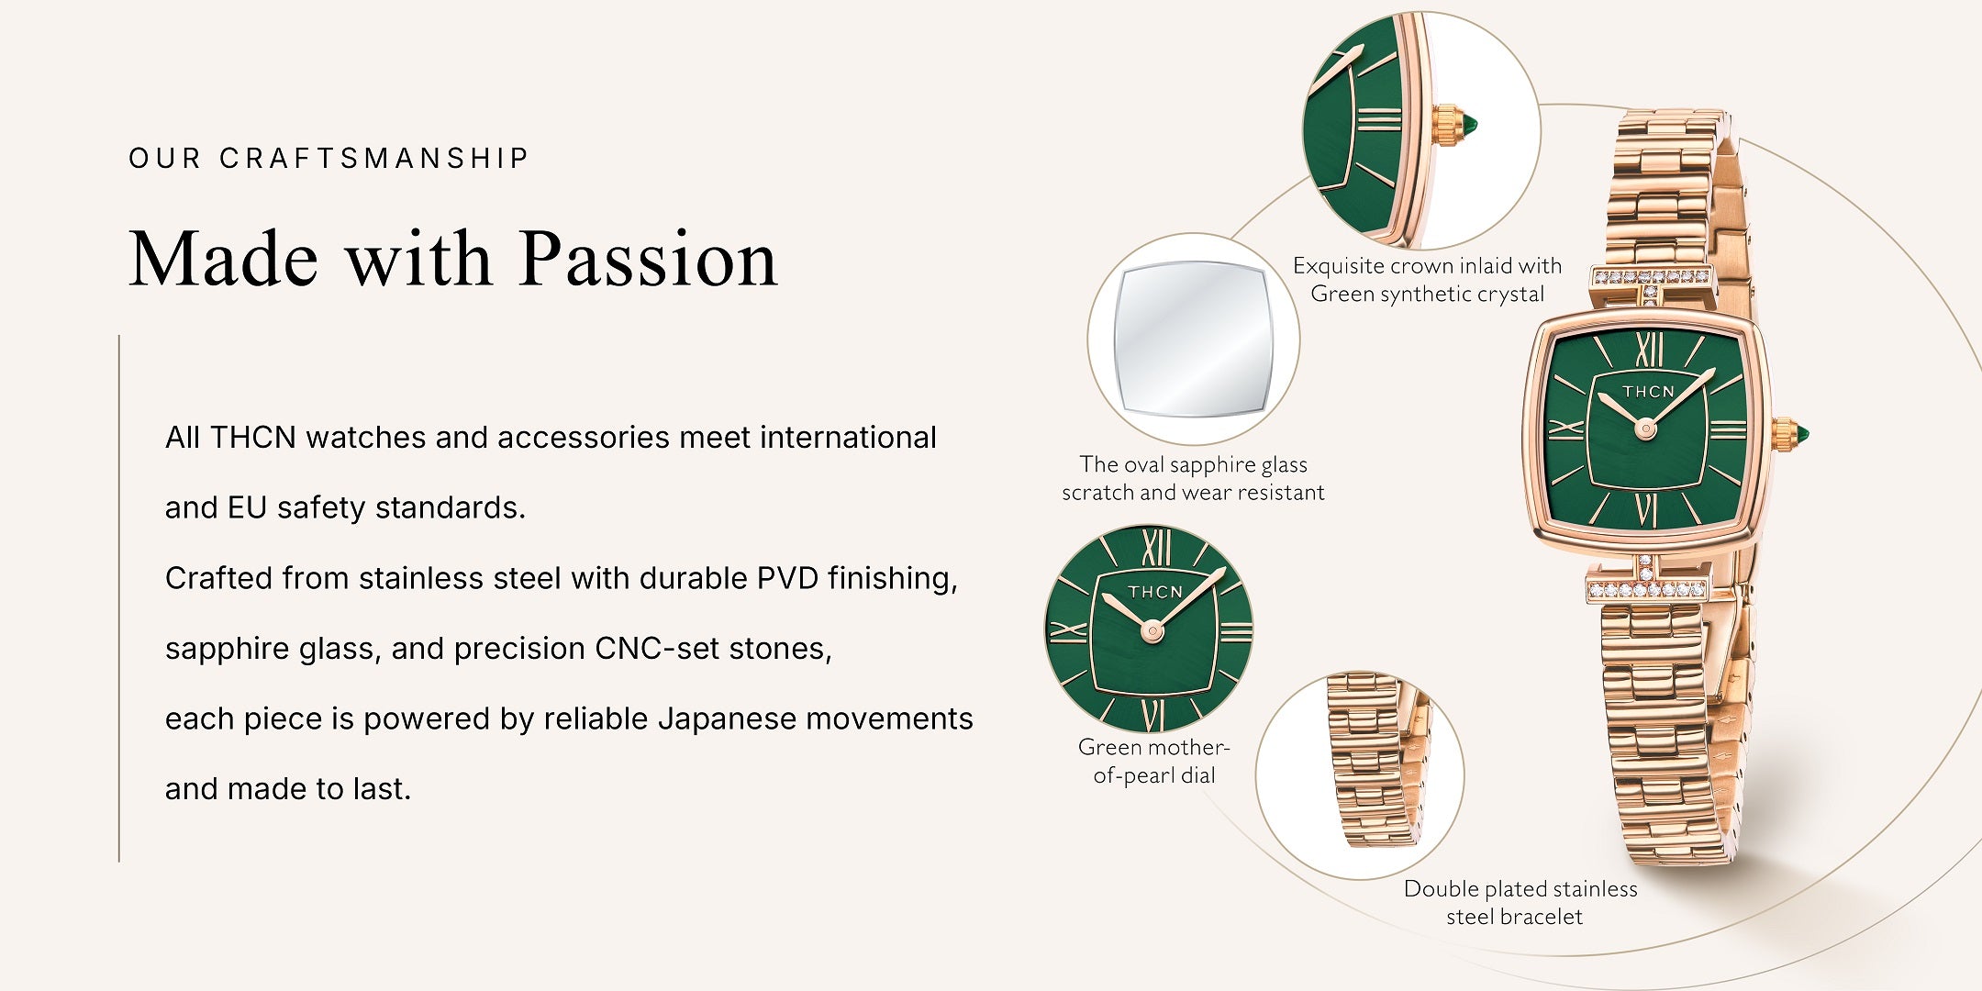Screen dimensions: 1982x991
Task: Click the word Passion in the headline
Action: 649,259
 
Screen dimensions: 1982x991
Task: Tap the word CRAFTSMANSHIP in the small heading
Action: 374,158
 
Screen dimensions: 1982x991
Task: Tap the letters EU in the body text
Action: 247,507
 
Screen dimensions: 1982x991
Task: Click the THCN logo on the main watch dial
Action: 1648,392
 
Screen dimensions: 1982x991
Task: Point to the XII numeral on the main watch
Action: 1649,350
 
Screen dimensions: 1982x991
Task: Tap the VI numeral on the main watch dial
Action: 1647,510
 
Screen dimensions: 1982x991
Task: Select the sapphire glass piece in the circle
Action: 1193,339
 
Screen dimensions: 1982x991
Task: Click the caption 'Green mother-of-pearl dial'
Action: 1153,761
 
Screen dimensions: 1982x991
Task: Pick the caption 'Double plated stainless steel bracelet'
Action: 1519,902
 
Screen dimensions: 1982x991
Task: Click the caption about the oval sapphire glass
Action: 1193,478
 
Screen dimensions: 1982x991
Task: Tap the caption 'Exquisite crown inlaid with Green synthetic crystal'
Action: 1427,279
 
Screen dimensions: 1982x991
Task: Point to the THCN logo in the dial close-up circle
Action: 1154,592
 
